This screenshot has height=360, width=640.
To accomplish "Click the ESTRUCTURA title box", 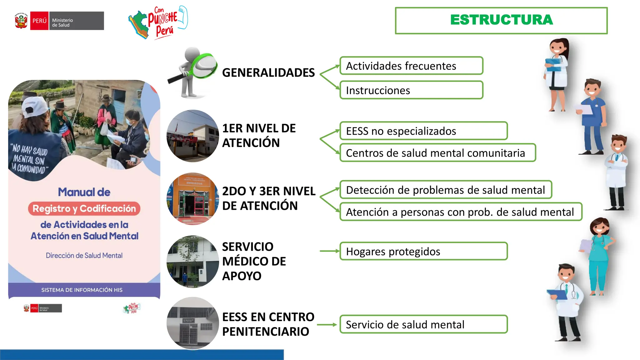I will click(x=501, y=20).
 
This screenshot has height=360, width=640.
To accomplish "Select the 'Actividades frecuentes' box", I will click(x=411, y=66).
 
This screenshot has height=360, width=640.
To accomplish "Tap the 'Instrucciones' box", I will click(x=411, y=90).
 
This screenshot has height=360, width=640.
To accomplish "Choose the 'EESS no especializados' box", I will click(x=423, y=131).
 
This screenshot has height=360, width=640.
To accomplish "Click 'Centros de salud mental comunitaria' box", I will click(x=437, y=153).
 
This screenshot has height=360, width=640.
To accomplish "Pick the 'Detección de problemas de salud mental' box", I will click(x=446, y=190).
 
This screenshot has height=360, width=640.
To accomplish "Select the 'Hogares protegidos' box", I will click(x=423, y=251).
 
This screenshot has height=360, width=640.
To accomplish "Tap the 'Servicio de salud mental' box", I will click(x=423, y=324).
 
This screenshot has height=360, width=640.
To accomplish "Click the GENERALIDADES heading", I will click(x=268, y=72).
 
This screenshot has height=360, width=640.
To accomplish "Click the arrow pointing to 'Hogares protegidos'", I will click(x=329, y=251).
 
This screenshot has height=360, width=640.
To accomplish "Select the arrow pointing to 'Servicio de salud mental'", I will click(x=327, y=325).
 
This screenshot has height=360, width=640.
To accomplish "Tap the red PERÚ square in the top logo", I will click(x=39, y=21).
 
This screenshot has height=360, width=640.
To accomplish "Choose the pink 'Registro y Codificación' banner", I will click(x=84, y=208).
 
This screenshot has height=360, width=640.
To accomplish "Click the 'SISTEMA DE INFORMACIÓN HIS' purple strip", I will click(x=82, y=290).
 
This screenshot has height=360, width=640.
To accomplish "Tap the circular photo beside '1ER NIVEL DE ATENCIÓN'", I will click(x=193, y=136).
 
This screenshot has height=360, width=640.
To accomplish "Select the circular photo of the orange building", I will click(x=193, y=199).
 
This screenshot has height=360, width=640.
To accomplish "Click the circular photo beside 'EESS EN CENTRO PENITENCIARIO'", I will click(x=193, y=323).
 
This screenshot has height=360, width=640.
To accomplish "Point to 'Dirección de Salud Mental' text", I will click(x=84, y=255).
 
